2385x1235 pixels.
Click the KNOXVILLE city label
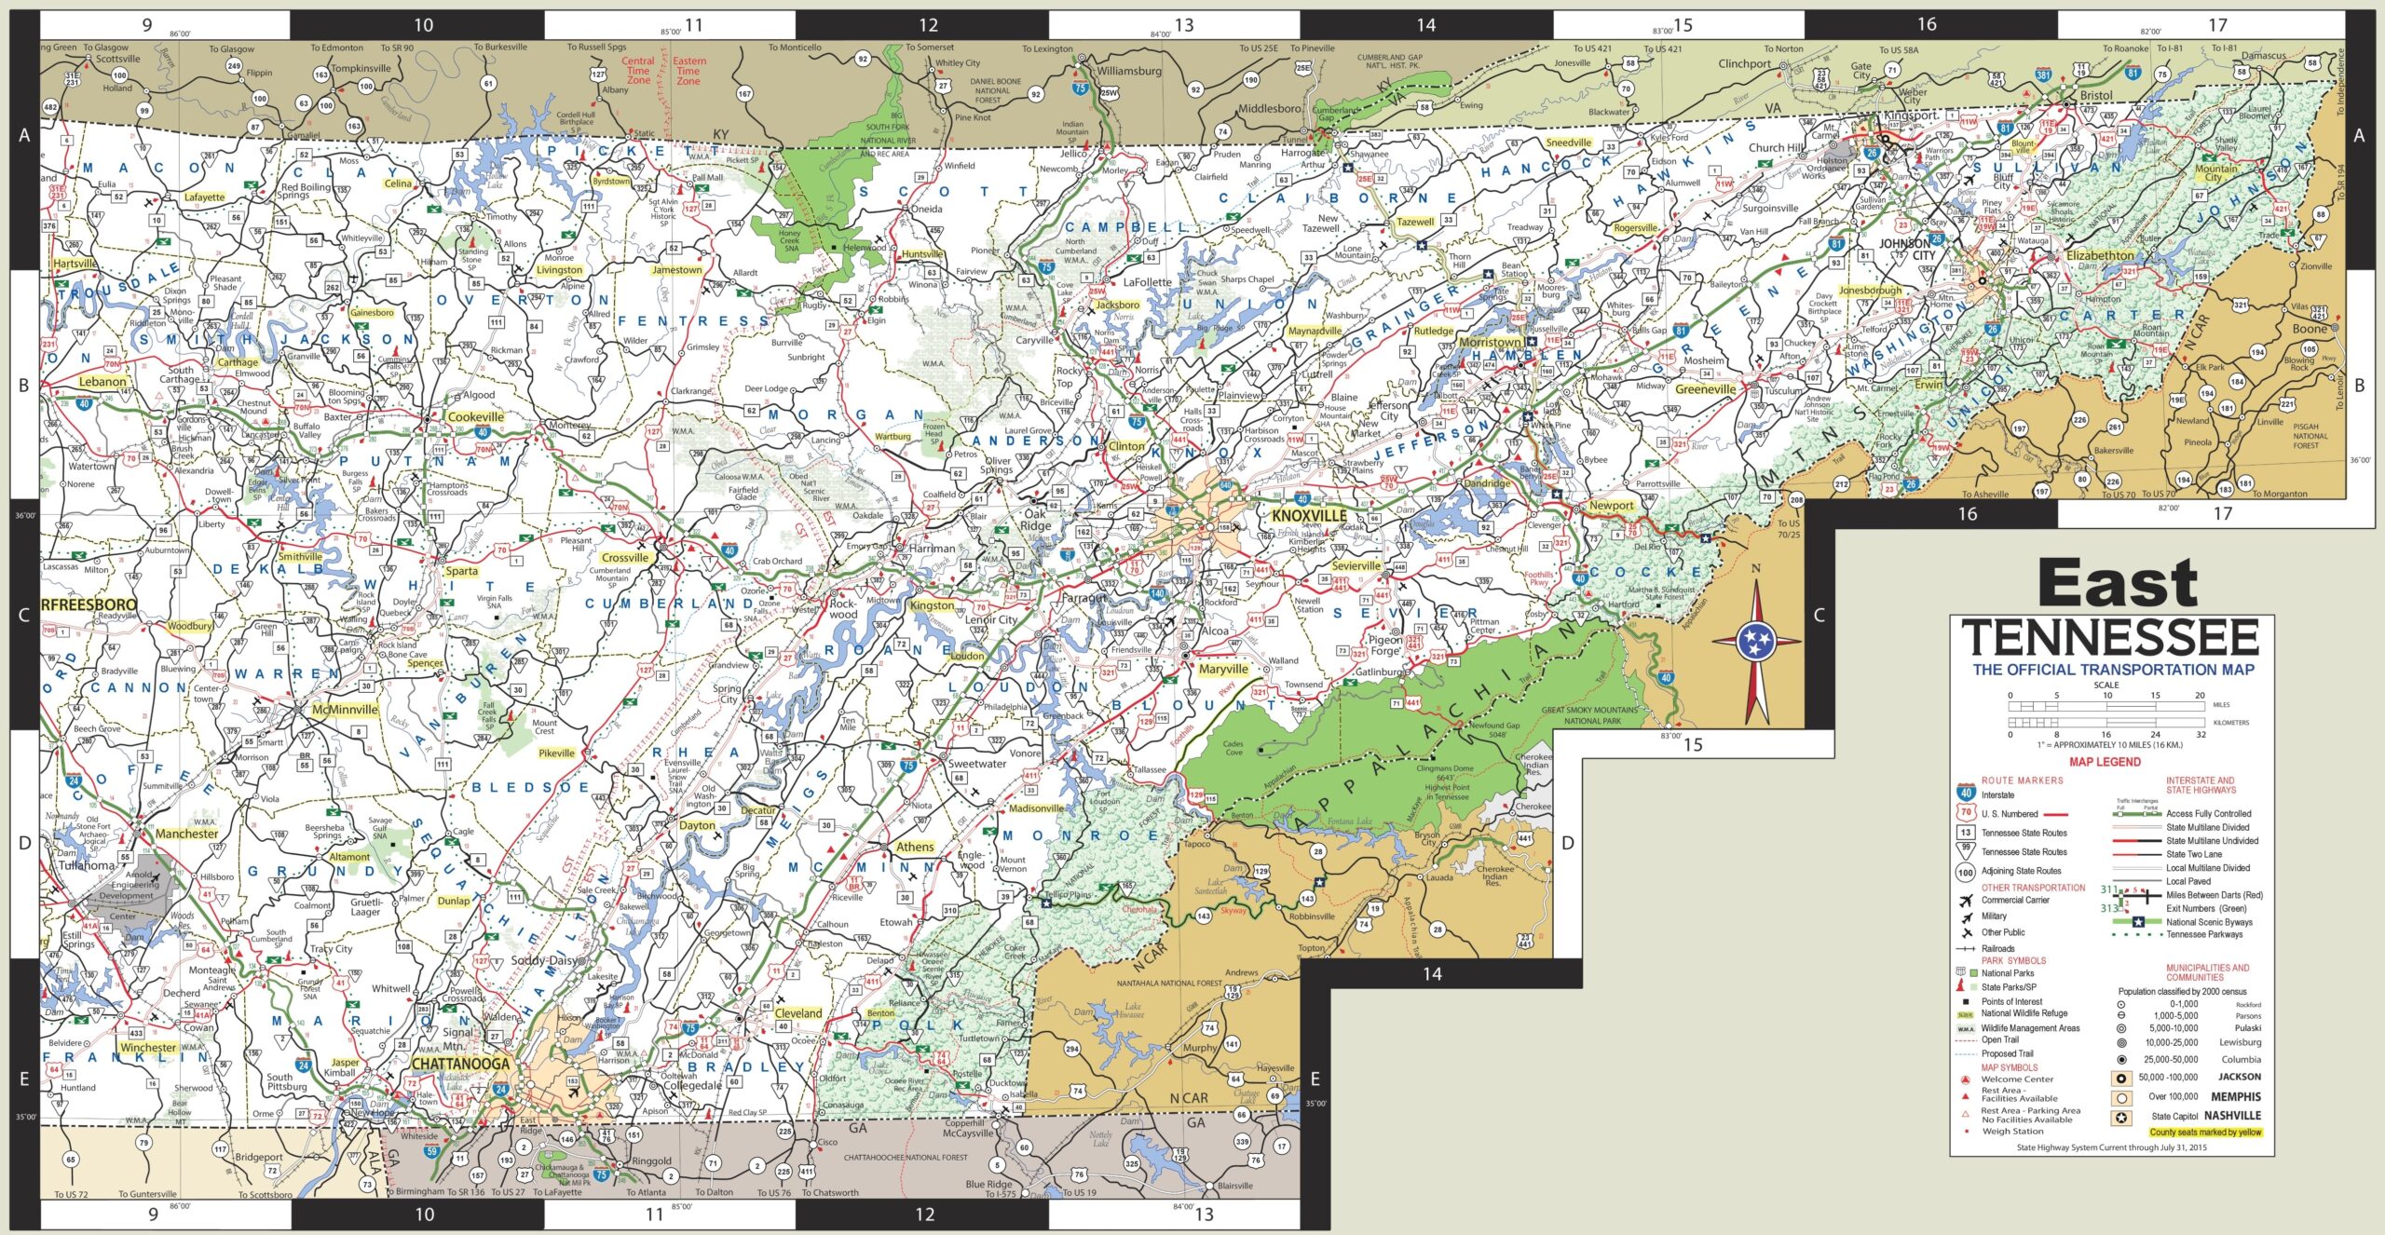pos(1309,516)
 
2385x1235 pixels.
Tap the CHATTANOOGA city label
pos(460,1064)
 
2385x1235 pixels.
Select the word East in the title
pos(2117,584)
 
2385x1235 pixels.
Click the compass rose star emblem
pos(1756,641)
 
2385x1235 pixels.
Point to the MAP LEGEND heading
pos(2105,762)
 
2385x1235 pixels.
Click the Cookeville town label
pos(475,417)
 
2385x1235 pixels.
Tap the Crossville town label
pos(624,558)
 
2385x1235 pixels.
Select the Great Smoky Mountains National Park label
pos(1588,715)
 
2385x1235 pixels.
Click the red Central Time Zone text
pos(638,71)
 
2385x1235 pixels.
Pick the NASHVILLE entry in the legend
pos(2232,1116)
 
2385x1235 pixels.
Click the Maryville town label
pos(1222,669)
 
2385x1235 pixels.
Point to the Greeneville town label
pos(1705,389)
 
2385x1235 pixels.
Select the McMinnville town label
pos(345,709)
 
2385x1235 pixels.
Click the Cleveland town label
pos(798,1013)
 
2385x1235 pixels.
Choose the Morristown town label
pos(1489,342)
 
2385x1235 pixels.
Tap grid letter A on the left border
pos(24,136)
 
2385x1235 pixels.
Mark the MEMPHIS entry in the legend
pos(2236,1096)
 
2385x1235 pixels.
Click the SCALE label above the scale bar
pos(2106,685)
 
